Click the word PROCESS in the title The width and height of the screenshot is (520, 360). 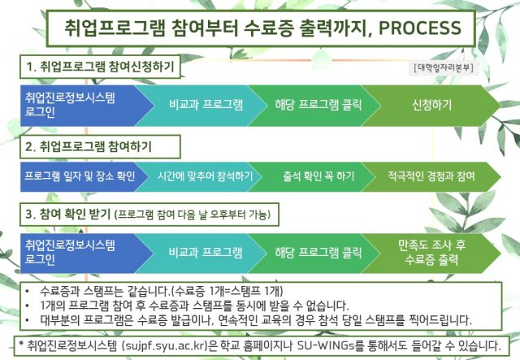pos(419,28)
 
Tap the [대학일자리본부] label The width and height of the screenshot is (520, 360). pos(444,67)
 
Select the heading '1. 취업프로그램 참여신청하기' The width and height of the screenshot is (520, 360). pos(100,67)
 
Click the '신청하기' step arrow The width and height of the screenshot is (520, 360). pos(431,106)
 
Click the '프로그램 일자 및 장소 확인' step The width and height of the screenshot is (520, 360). pos(80,176)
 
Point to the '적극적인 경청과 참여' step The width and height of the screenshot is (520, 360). pos(431,176)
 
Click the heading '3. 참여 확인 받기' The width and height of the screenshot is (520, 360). pos(68,214)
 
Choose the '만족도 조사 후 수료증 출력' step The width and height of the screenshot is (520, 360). pos(431,254)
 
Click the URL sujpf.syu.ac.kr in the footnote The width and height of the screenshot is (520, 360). pos(164,346)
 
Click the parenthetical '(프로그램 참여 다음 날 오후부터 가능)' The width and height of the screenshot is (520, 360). pos(193,215)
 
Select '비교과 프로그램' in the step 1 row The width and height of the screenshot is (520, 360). pos(206,105)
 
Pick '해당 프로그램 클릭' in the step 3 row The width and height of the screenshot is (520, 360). pos(318,253)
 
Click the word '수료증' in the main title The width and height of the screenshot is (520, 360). pos(268,28)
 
